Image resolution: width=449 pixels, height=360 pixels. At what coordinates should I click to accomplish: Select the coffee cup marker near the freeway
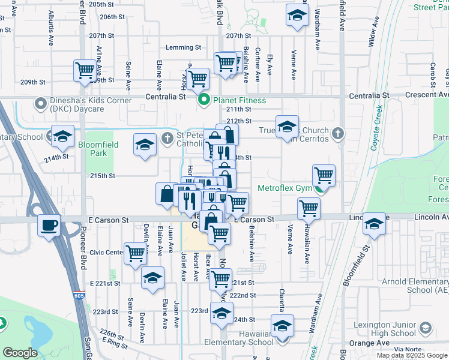pos(49,226)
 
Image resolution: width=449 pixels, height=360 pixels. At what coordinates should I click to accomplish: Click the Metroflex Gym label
pos(285,188)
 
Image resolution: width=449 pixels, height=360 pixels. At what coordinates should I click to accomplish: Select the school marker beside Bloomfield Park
pos(145,146)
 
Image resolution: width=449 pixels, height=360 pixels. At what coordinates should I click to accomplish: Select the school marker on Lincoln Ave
pos(374,224)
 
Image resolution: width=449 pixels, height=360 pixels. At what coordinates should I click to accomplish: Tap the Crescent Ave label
pos(427,95)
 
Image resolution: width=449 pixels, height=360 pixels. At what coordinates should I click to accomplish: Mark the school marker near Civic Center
pos(152,278)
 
